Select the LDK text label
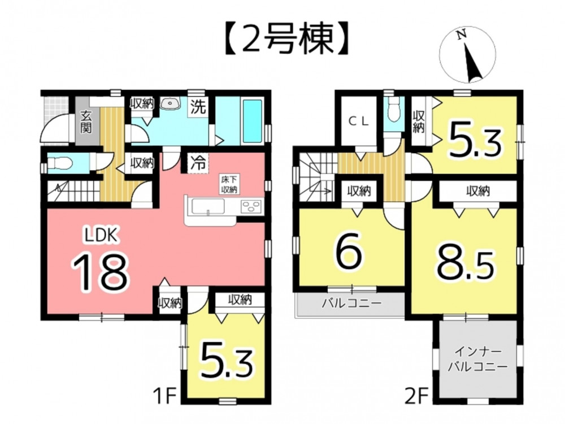coord(101,236)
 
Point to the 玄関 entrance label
coord(86,122)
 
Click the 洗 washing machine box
coord(198,107)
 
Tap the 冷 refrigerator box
coord(198,163)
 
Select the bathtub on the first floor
coord(252,121)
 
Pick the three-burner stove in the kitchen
coord(250,207)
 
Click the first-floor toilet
coord(58,163)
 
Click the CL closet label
coord(359,122)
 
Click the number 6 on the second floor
coord(349,252)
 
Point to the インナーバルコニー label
coord(477,359)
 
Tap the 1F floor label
coord(165,397)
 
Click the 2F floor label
coord(416,397)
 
